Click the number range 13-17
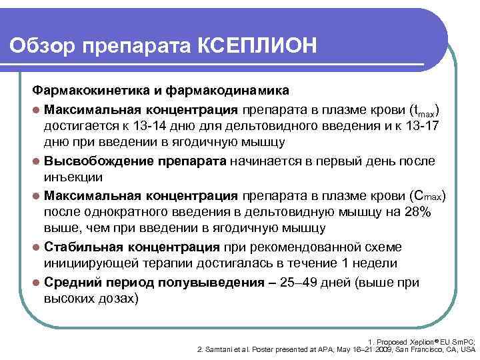tap(416, 125)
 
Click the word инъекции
tap(73, 178)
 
